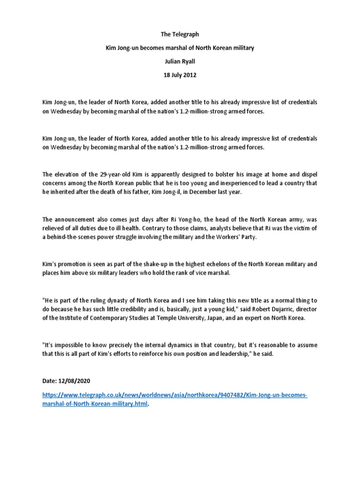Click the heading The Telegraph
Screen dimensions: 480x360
coord(180,34)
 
